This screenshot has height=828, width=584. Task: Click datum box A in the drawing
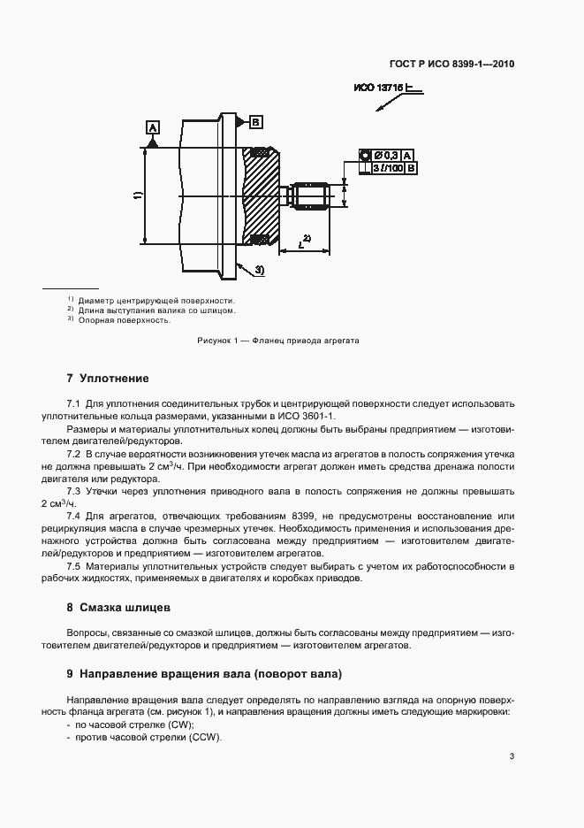(x=153, y=129)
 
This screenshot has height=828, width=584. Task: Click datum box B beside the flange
(x=254, y=120)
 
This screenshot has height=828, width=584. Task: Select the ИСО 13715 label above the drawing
(x=379, y=88)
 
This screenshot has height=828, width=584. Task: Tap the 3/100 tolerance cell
(x=387, y=167)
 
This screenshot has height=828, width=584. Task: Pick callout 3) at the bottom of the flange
(x=259, y=269)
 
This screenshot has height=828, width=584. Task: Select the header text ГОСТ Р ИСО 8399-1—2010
(x=452, y=65)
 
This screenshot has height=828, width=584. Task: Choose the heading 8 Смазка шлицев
(x=125, y=608)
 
